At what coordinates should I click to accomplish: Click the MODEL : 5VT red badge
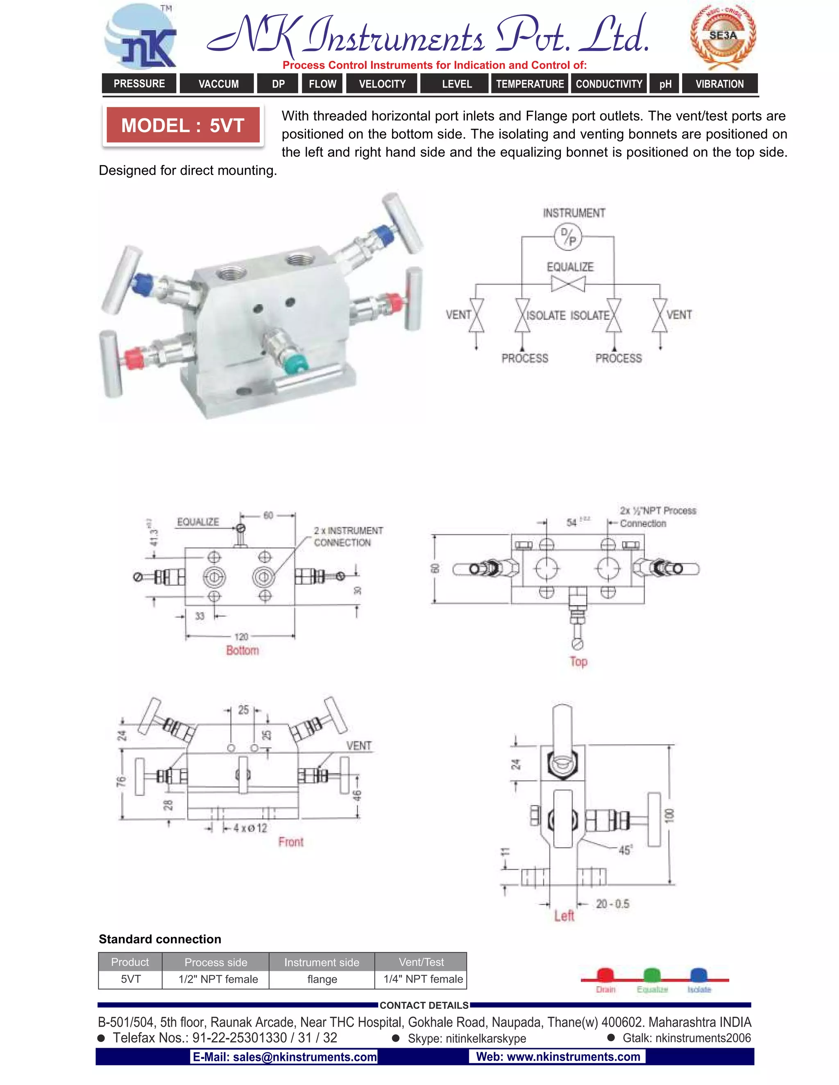coord(182,125)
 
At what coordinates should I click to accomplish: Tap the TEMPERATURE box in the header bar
coord(530,84)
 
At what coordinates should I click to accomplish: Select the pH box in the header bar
coord(665,84)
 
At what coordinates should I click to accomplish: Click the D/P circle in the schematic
coord(568,237)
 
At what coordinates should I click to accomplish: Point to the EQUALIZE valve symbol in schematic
coord(568,285)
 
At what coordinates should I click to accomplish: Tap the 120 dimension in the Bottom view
coord(241,636)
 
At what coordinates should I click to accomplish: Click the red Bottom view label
coord(243,650)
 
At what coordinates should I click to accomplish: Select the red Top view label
coord(578,661)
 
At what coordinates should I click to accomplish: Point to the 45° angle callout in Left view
coord(625,850)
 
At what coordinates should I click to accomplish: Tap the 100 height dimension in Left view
coord(669,815)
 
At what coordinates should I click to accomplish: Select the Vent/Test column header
coord(421,962)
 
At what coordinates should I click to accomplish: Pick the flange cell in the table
coord(322,979)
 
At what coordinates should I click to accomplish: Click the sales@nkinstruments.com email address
coord(284,1057)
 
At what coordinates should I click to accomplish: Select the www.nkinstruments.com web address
coord(558,1057)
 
